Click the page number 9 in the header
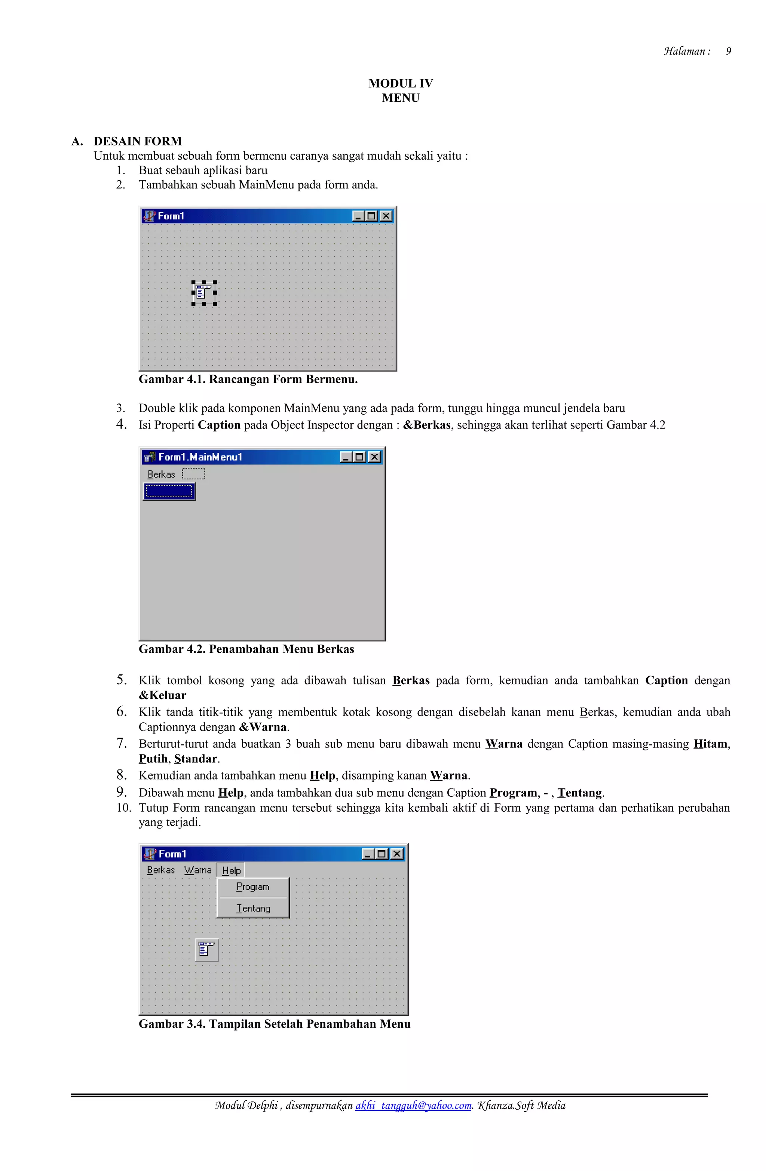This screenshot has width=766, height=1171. pos(728,51)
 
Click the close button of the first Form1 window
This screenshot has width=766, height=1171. pos(386,216)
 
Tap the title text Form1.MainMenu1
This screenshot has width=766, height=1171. pos(200,457)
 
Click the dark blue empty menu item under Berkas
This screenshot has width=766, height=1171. pos(169,491)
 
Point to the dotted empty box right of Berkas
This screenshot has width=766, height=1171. pos(193,474)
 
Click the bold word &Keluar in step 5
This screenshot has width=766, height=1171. pos(162,695)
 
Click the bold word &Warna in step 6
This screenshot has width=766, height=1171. pos(263,727)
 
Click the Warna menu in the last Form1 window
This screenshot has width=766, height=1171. pos(197,870)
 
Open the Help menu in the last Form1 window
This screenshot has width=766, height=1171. pos(231,870)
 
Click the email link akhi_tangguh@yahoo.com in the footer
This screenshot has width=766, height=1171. pos(413,1105)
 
